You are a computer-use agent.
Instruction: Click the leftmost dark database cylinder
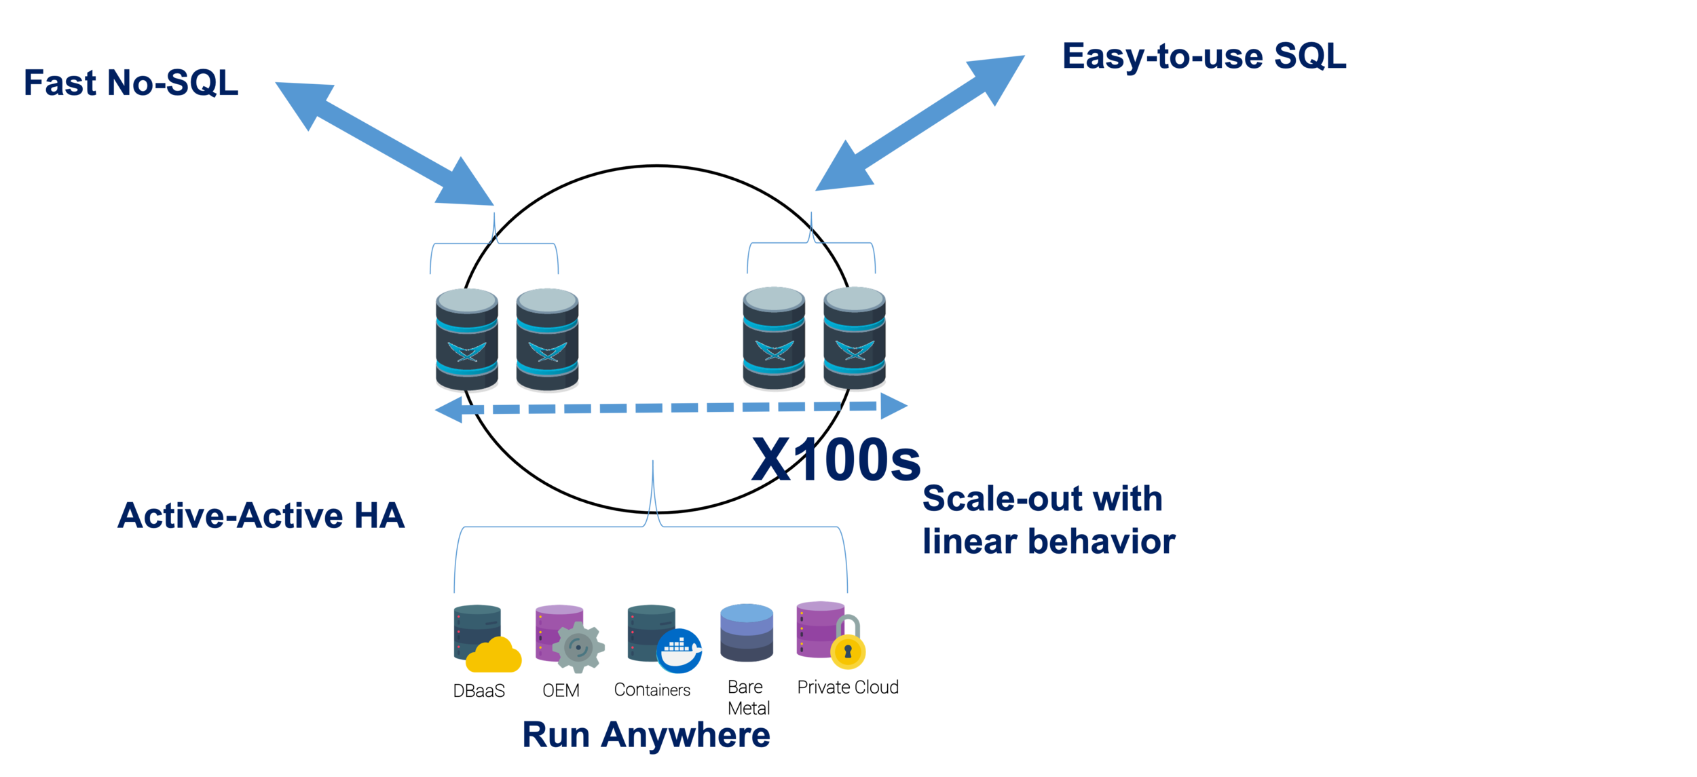tap(466, 339)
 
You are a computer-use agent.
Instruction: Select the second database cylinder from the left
tap(546, 339)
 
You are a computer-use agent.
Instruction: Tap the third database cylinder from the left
tap(773, 338)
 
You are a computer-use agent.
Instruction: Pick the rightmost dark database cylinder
tap(853, 338)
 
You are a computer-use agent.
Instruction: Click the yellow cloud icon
tap(493, 658)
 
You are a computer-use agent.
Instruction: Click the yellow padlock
tap(846, 652)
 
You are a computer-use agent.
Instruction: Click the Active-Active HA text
tap(260, 523)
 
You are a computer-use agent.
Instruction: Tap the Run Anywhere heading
tap(645, 740)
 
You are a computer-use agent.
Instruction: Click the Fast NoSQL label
tap(132, 88)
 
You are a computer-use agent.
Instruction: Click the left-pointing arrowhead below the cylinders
tap(453, 412)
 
